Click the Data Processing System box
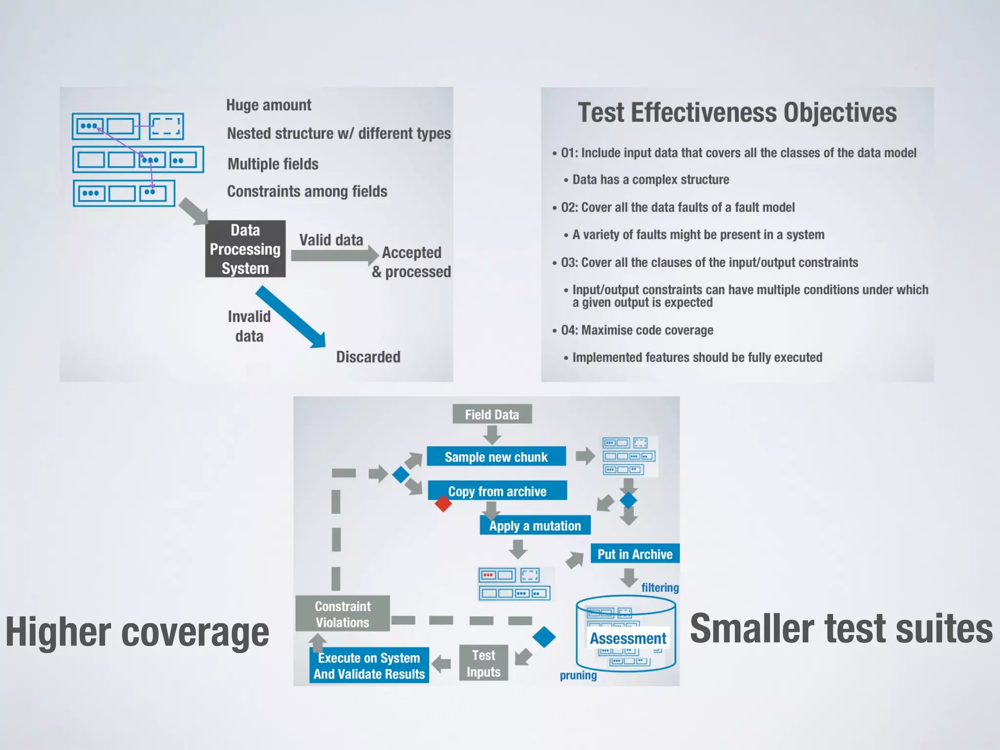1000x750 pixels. tap(245, 249)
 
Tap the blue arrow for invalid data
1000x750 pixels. tap(291, 317)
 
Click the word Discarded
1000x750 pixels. tap(368, 357)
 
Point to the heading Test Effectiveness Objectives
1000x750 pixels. tap(737, 113)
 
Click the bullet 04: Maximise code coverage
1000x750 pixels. tap(637, 331)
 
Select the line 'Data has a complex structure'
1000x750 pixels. tap(650, 180)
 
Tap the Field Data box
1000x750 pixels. tap(492, 414)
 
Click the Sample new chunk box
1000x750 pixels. tap(496, 457)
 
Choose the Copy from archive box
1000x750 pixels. tap(497, 491)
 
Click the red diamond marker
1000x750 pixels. tap(443, 504)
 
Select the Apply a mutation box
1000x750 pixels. tap(535, 525)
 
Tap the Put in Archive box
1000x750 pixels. tap(635, 554)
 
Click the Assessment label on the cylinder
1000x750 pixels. tap(627, 638)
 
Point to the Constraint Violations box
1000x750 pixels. tap(342, 614)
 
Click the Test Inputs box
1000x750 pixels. tap(483, 663)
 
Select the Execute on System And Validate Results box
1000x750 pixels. tap(369, 666)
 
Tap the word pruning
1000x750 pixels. tap(578, 676)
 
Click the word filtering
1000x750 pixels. tap(660, 587)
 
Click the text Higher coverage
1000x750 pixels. tap(137, 632)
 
